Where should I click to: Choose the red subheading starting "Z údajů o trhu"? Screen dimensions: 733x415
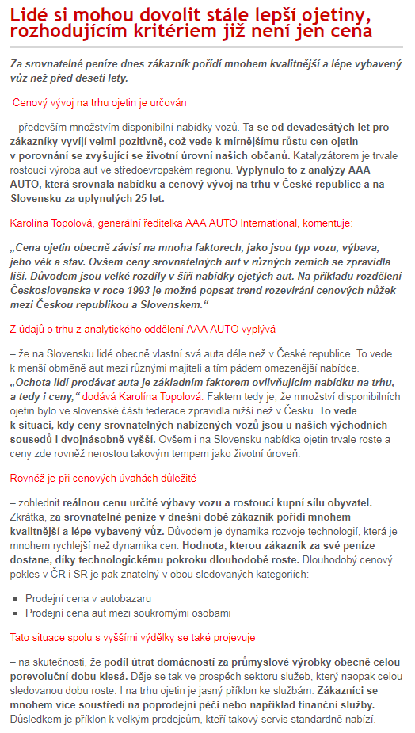pos(143,328)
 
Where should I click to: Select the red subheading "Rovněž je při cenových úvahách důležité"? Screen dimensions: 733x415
pos(103,478)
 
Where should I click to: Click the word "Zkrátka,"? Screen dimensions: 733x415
pos(31,517)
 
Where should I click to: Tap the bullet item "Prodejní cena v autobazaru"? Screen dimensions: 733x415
pos(88,598)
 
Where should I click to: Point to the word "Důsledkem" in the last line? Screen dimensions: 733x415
pos(36,720)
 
